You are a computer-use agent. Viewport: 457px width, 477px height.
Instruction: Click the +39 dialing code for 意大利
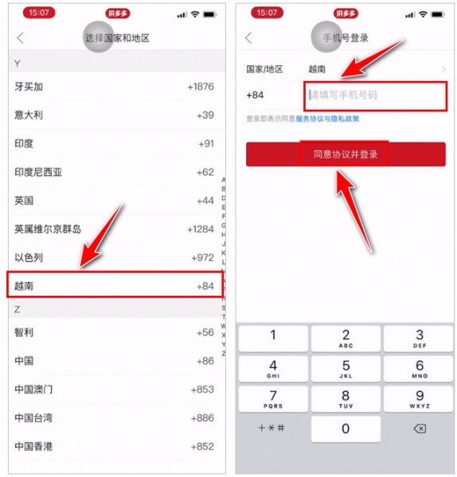click(x=205, y=115)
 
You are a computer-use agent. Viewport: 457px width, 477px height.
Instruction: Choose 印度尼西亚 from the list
click(x=37, y=172)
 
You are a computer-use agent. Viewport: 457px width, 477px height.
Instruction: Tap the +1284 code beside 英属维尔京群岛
click(x=200, y=229)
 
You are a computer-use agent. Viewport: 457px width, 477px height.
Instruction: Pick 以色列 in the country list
click(x=29, y=258)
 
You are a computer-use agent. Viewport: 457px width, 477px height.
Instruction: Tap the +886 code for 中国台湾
click(x=202, y=418)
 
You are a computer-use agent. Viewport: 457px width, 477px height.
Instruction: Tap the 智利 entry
click(x=24, y=332)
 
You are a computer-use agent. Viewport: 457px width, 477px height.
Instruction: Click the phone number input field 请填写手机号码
click(x=373, y=95)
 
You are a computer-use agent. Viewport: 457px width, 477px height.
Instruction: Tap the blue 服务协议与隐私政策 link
click(x=327, y=119)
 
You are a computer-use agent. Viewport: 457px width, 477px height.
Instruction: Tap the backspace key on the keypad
click(x=420, y=429)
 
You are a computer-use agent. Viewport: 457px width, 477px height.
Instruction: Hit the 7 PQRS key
click(x=273, y=398)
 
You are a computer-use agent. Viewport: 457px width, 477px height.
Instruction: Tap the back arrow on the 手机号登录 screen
click(x=249, y=38)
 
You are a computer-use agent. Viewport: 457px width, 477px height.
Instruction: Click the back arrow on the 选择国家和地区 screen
click(x=21, y=38)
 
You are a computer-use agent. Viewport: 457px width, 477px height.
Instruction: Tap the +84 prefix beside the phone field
click(x=256, y=95)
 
